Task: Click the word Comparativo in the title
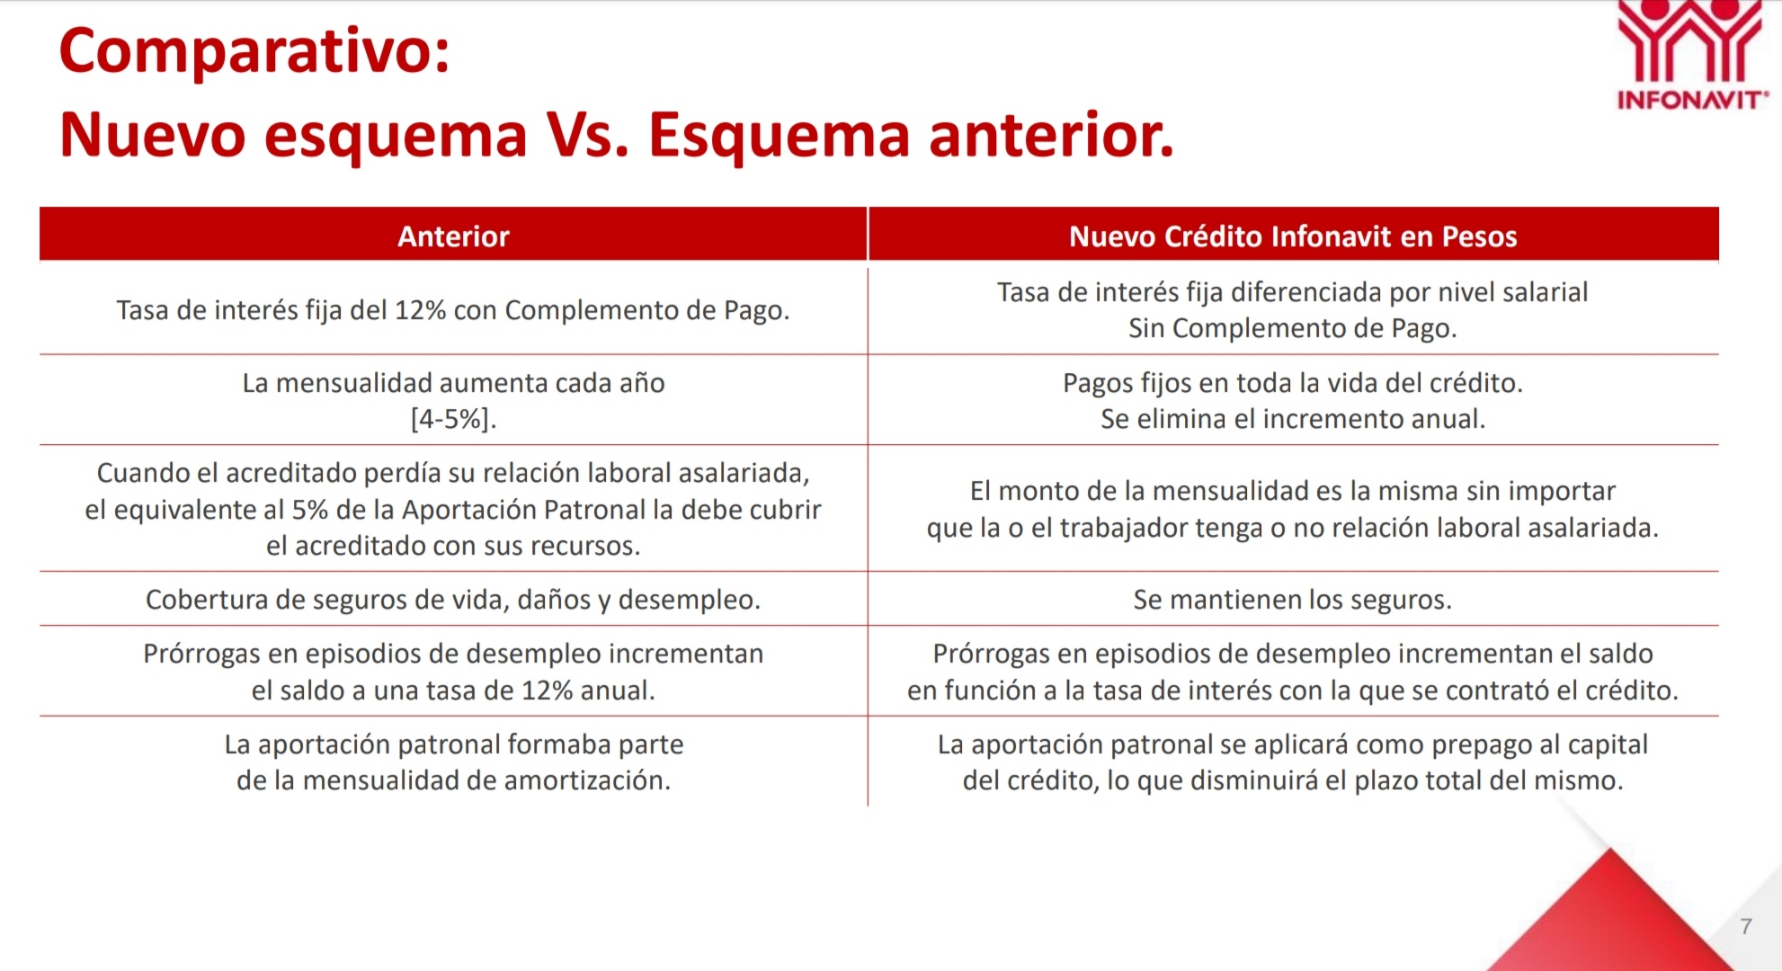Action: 254,52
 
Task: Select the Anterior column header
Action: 453,236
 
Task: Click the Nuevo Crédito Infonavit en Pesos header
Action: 1293,236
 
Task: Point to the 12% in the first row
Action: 420,310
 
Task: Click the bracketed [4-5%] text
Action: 453,419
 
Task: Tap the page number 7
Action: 1746,926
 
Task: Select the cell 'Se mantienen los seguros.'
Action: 1293,600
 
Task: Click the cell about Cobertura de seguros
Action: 453,600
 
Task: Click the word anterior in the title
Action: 1051,136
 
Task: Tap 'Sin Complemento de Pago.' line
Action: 1293,328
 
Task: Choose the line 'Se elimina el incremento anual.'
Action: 1293,419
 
